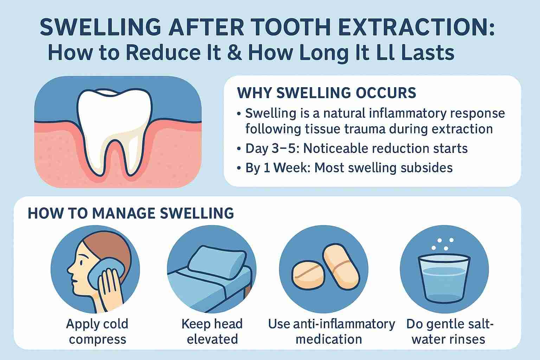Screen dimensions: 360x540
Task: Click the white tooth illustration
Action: [115, 130]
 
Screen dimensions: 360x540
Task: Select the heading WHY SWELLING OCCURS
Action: [327, 93]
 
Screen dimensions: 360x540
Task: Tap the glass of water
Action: [444, 278]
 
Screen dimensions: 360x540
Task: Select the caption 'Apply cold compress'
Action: [97, 331]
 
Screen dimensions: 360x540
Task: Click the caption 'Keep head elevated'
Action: [212, 331]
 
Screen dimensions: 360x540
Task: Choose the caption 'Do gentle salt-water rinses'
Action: [450, 331]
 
